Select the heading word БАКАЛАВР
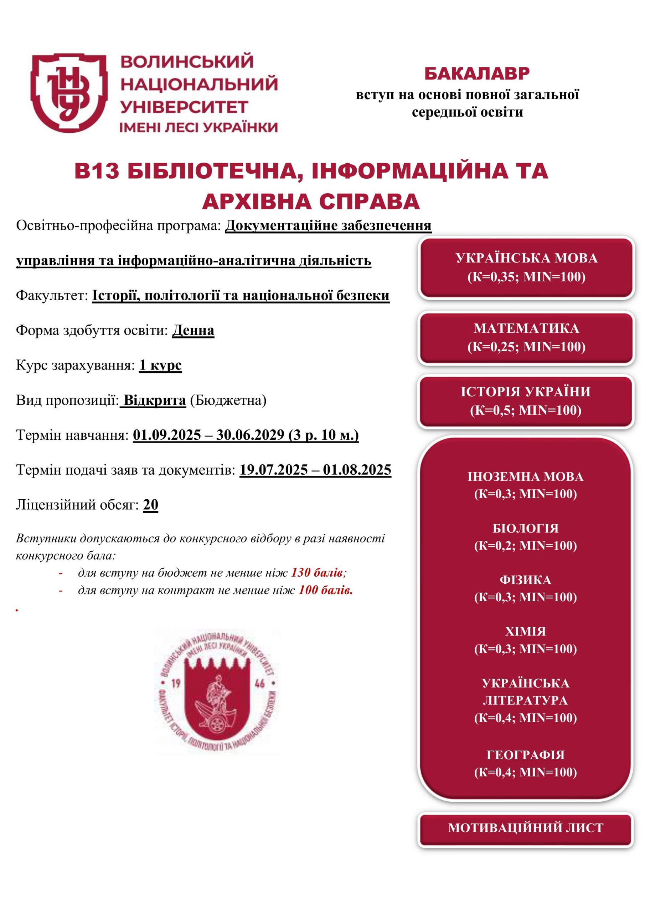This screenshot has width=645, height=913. [476, 74]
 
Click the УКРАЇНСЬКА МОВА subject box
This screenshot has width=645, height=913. [526, 267]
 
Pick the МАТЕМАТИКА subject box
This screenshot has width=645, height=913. [526, 338]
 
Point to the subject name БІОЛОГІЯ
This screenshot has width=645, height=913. [525, 529]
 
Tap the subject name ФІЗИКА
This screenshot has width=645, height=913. [525, 580]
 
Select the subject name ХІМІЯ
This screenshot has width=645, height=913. [525, 632]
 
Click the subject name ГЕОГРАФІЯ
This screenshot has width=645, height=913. [525, 755]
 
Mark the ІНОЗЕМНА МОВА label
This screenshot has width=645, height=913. [525, 477]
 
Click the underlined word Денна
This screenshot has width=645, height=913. [193, 331]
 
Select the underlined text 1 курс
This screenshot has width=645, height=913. [160, 366]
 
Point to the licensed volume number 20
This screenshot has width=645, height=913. [151, 505]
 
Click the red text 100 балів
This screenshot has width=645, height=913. [325, 591]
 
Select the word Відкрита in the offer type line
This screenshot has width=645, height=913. [155, 401]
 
